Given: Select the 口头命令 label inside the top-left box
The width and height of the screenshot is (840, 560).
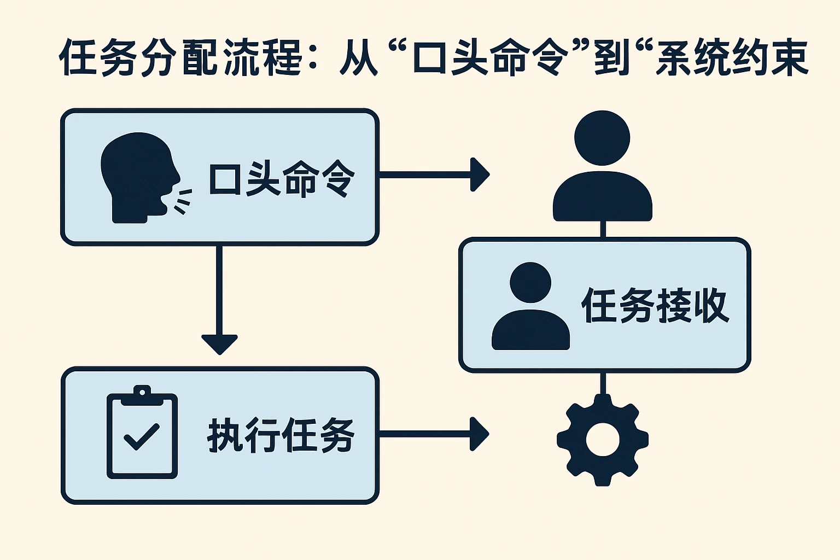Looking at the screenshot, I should [281, 178].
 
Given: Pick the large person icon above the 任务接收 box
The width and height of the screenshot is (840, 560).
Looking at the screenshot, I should [602, 167].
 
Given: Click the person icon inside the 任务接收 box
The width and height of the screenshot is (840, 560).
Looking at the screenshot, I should [530, 306].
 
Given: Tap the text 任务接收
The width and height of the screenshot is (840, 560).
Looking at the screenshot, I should [655, 305].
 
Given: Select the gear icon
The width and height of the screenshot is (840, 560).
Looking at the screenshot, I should [602, 440].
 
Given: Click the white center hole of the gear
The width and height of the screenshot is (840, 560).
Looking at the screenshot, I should [602, 440].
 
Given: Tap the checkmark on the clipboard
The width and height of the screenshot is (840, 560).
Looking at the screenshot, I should [141, 436].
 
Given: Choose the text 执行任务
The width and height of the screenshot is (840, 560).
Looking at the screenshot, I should [281, 436].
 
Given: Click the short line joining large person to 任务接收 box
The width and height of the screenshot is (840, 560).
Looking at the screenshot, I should [603, 229].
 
